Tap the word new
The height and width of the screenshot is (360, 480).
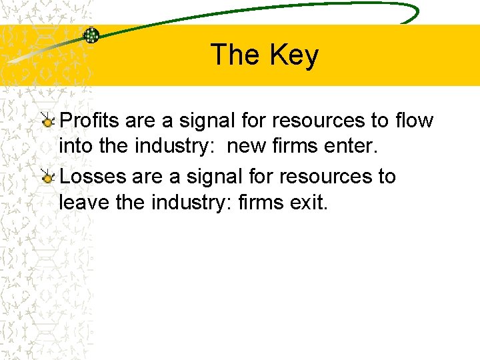(x=247, y=145)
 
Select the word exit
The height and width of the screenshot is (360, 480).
(x=310, y=201)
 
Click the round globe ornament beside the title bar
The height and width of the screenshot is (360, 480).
(x=91, y=35)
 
